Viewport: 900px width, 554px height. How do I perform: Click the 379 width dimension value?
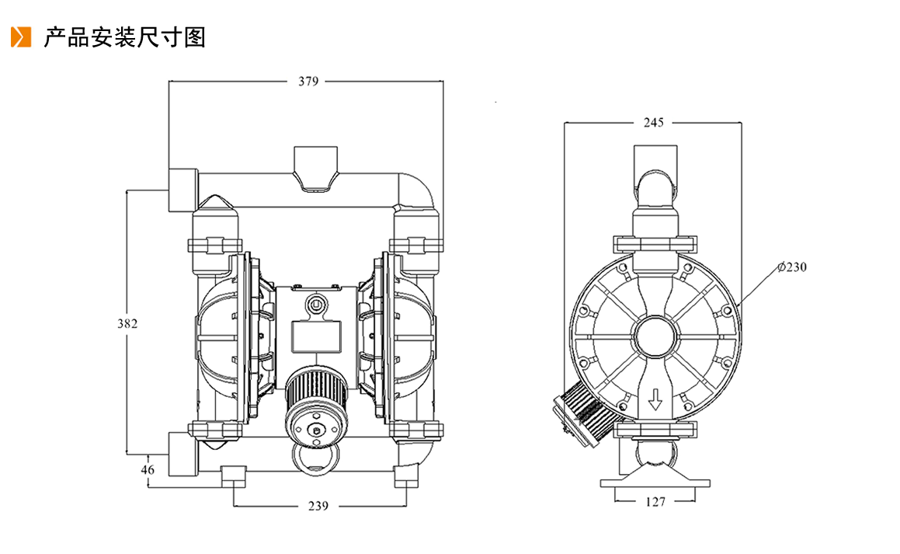click(308, 82)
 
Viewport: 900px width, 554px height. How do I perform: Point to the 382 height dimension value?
click(127, 324)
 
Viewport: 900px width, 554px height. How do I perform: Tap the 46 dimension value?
click(148, 469)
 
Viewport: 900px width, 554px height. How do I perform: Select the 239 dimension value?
click(318, 506)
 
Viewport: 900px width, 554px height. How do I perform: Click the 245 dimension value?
click(653, 122)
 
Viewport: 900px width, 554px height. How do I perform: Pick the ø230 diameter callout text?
click(792, 267)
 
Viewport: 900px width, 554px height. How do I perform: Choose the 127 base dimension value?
click(655, 502)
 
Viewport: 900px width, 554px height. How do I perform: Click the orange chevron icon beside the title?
click(21, 37)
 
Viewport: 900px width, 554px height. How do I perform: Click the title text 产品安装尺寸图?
click(124, 37)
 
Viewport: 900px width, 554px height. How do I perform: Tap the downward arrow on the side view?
click(655, 399)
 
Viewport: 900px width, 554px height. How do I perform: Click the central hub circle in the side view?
click(655, 336)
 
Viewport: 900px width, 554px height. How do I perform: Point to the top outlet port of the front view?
click(315, 166)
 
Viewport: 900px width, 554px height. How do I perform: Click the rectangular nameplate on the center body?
click(316, 336)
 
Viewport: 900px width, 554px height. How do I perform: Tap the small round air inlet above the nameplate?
click(315, 302)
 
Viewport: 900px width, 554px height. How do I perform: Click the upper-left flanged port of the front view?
click(183, 190)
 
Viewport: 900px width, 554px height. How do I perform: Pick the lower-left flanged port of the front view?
click(183, 454)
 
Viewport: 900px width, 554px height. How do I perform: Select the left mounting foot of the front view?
click(234, 476)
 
